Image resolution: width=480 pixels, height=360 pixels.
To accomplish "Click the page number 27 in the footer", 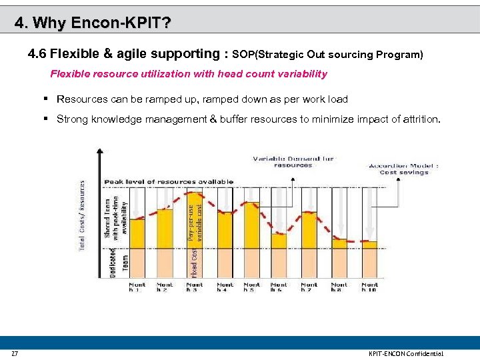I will pyautogui.click(x=14, y=353).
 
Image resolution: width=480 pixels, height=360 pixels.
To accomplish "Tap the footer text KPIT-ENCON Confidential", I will pyautogui.click(x=405, y=353).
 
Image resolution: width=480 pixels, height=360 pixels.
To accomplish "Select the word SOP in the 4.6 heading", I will pyautogui.click(x=243, y=54).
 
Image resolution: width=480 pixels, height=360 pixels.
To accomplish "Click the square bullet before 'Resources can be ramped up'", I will pyautogui.click(x=47, y=99).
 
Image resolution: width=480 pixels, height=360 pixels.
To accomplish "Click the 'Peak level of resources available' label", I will pyautogui.click(x=168, y=181).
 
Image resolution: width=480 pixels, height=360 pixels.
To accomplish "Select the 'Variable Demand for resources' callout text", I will pyautogui.click(x=293, y=161).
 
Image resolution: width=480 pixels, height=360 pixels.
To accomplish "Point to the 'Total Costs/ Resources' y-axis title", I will pyautogui.click(x=83, y=215).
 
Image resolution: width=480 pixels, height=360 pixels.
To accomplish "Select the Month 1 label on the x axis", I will pyautogui.click(x=137, y=287).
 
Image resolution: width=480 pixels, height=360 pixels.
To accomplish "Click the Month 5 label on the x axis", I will pyautogui.click(x=252, y=287).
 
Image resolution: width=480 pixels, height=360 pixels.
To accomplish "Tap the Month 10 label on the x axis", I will pyautogui.click(x=369, y=287).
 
